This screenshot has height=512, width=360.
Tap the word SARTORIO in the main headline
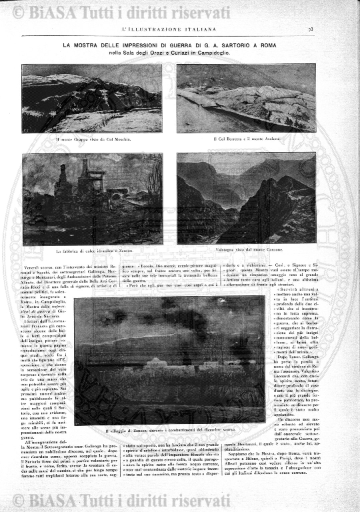pos(259,45)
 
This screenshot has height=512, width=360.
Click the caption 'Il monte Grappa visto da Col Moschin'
pos(93,139)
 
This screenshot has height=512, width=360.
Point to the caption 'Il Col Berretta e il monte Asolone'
pos(247,139)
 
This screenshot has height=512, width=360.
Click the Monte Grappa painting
pos(92,99)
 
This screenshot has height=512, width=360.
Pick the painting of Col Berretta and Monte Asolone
pos(246,99)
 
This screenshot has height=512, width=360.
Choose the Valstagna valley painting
pos(246,199)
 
